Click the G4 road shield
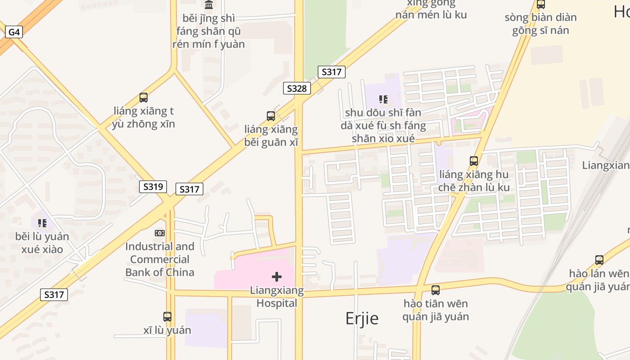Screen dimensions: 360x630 click(14, 32)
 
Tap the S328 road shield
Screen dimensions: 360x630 click(297, 88)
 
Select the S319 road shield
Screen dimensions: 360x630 click(153, 186)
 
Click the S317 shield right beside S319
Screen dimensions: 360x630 click(189, 189)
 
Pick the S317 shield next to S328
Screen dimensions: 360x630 click(332, 72)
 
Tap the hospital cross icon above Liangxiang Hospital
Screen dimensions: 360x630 click(277, 277)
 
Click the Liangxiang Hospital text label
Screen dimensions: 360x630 click(277, 297)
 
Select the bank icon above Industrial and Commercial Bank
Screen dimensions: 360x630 click(160, 233)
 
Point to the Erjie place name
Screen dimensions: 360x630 click(362, 318)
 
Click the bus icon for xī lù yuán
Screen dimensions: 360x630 click(167, 316)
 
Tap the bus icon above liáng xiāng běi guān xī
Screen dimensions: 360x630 click(271, 116)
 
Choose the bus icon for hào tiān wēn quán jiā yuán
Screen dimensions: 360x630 click(436, 290)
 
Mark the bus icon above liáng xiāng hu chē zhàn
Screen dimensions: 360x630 click(474, 161)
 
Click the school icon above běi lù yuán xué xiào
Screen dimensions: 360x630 click(42, 223)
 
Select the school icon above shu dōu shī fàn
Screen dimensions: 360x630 click(383, 99)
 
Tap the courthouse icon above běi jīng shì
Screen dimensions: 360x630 click(209, 5)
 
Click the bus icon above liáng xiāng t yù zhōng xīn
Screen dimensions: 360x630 click(144, 97)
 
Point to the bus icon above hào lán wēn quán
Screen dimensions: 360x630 click(599, 260)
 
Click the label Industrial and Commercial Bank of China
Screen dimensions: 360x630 click(160, 259)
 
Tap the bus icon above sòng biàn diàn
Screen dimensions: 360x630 click(541, 4)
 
